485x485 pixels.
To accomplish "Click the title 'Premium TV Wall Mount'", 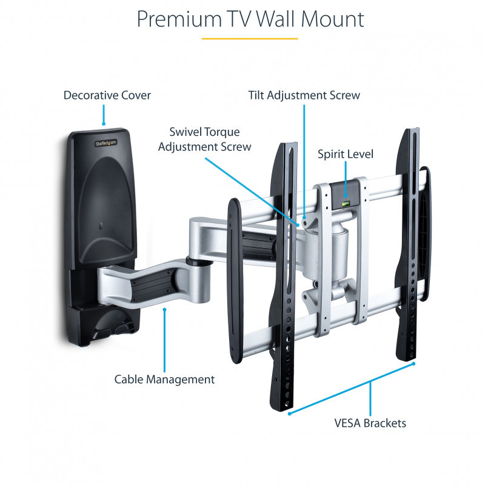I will point(250,19).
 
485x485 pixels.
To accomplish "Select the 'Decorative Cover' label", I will point(107,95).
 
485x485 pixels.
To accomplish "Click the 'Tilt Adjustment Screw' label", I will point(304,95).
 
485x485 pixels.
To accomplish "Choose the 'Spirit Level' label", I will point(346,154).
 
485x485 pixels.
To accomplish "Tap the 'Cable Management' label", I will point(164,380).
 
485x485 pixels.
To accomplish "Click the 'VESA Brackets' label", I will point(370,423).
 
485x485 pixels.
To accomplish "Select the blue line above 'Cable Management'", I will point(164,339).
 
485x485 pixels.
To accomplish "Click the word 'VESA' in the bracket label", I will point(350,423).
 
